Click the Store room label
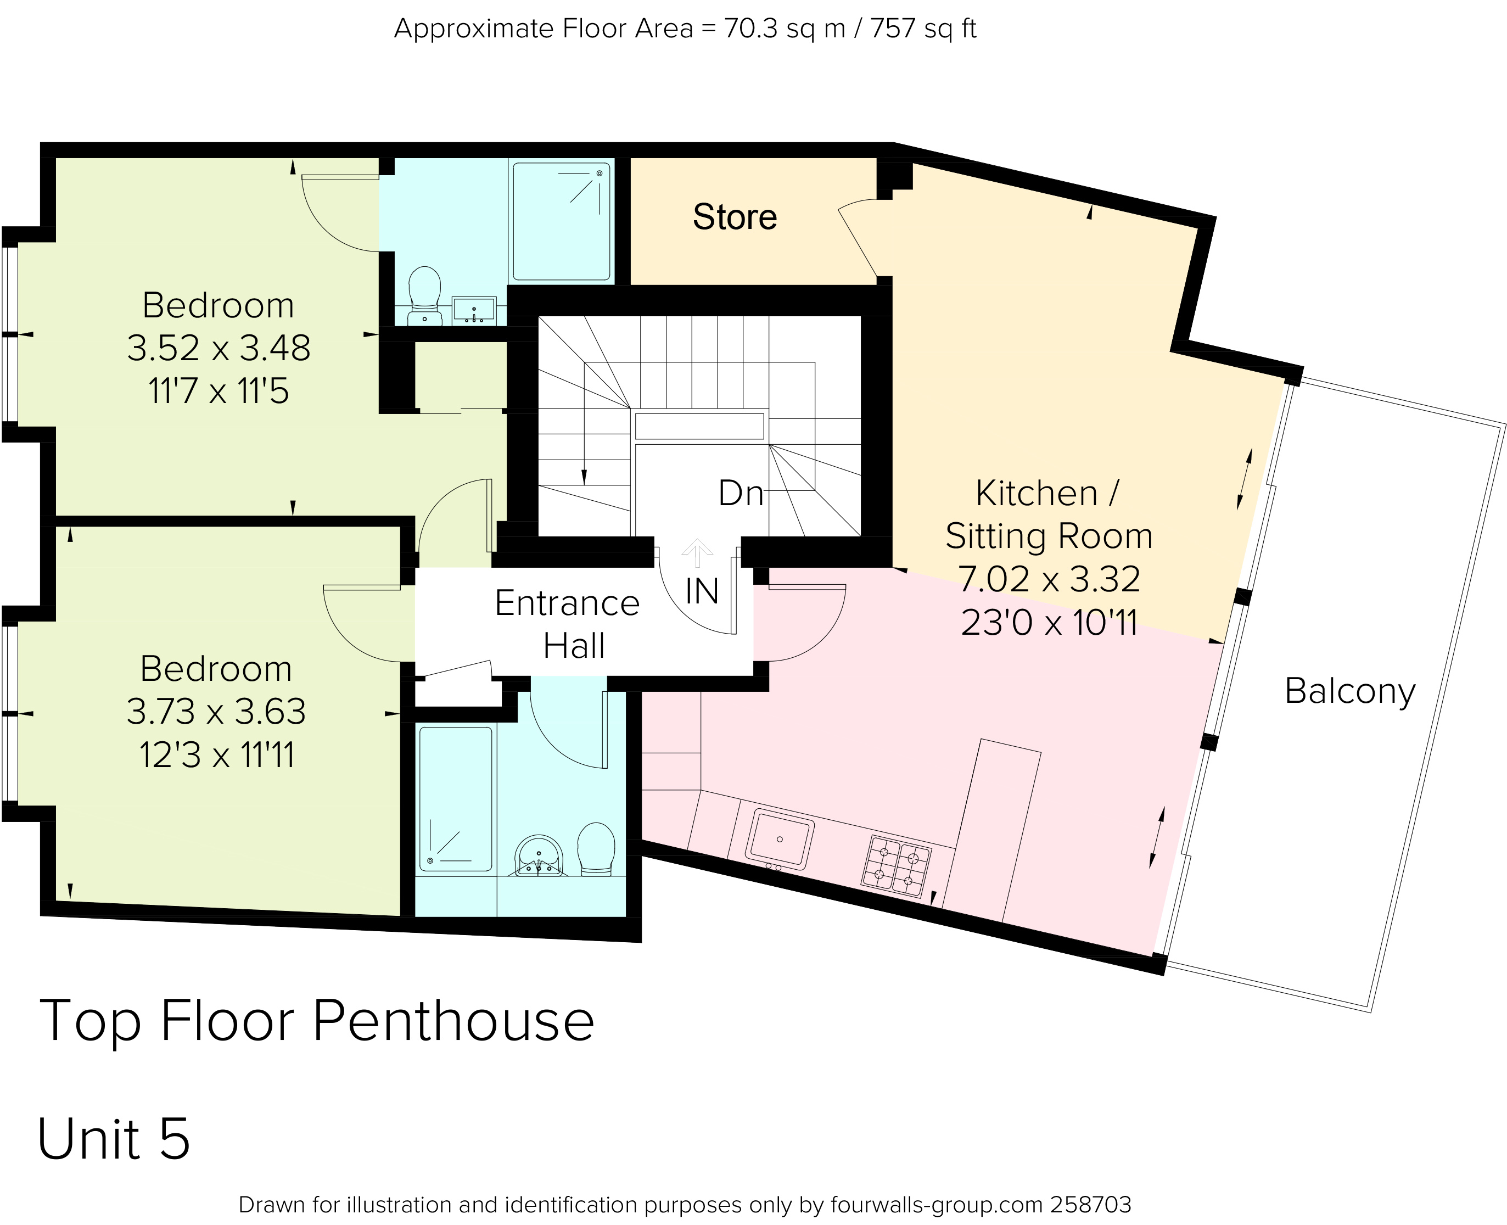coord(735,217)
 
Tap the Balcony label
coord(1349,691)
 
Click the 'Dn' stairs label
coord(741,493)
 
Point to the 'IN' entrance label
coord(702,591)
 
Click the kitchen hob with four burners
coord(896,866)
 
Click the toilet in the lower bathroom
coord(596,849)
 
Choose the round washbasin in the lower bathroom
coord(539,856)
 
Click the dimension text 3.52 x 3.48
coord(219,348)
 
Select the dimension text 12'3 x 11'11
coord(217,755)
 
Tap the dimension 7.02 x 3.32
coord(1049,579)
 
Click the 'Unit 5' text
coord(114,1139)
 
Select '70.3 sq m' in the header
coord(785,29)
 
